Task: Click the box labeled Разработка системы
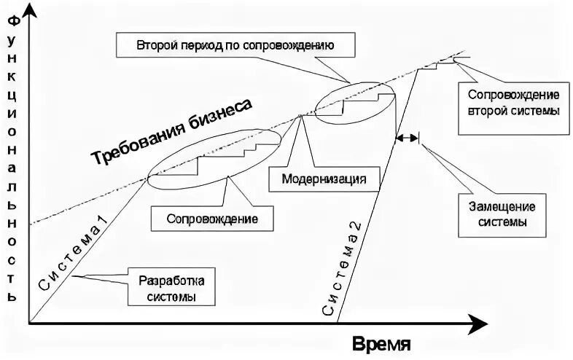[x=172, y=289]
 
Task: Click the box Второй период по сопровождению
[x=235, y=45]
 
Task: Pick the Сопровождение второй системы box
[x=512, y=103]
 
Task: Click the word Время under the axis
[x=383, y=343]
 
